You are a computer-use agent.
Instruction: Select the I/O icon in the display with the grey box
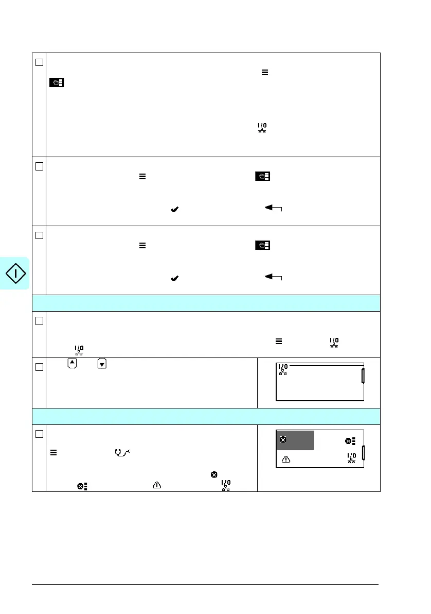351,458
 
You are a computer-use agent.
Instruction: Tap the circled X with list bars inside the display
350,441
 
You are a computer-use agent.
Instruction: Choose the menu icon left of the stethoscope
53,452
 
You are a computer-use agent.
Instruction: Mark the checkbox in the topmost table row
39,61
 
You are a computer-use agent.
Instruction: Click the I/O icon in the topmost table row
262,128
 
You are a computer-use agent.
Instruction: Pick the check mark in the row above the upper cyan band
174,278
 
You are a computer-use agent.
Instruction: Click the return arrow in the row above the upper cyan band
274,278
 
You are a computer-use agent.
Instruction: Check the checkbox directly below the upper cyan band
39,320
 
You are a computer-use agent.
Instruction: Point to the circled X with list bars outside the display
81,485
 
